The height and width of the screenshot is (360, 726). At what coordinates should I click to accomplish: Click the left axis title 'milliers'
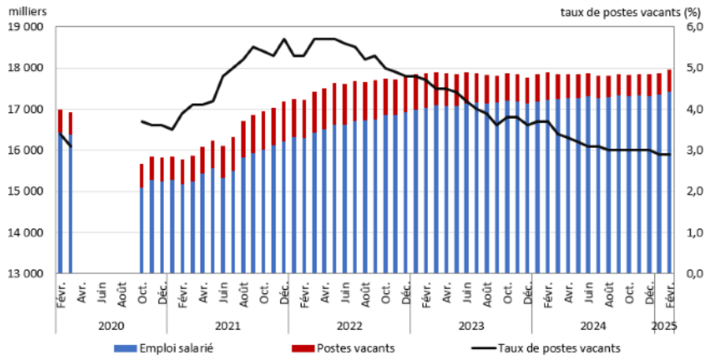click(x=28, y=12)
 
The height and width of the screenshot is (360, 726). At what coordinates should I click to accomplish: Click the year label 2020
click(x=111, y=324)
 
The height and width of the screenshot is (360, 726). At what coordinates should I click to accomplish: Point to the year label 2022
click(x=348, y=324)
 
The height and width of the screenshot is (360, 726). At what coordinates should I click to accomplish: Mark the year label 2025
click(x=662, y=324)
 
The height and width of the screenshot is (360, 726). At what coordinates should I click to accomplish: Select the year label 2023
click(x=470, y=324)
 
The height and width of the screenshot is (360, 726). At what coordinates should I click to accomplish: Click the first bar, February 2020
click(x=60, y=200)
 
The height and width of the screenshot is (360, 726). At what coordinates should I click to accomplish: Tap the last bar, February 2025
click(x=669, y=192)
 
